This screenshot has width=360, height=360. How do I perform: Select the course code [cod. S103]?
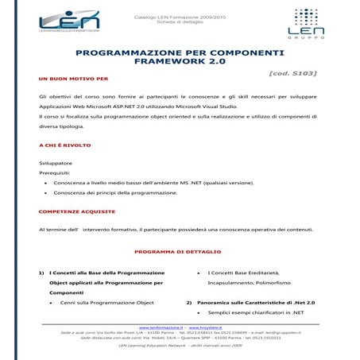pos(293,73)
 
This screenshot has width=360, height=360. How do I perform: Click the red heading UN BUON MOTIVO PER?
pos(73,79)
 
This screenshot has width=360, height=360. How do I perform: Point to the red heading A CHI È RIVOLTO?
pos(67,145)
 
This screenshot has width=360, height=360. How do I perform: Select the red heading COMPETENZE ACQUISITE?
pos(77,211)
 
